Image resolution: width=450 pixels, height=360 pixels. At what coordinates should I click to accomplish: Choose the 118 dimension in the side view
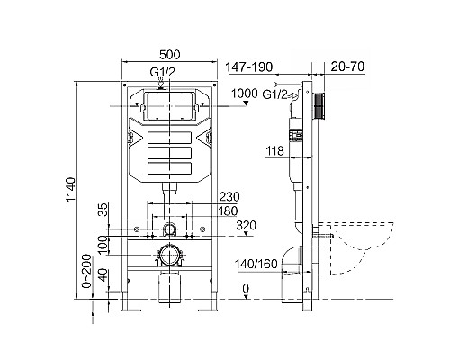pyautogui.click(x=275, y=152)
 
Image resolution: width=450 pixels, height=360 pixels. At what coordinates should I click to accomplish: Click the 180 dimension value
pyautogui.click(x=229, y=211)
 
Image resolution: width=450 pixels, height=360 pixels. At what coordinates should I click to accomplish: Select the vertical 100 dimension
pyautogui.click(x=104, y=244)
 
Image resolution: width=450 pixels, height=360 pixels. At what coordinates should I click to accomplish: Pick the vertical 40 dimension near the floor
pyautogui.click(x=104, y=275)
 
